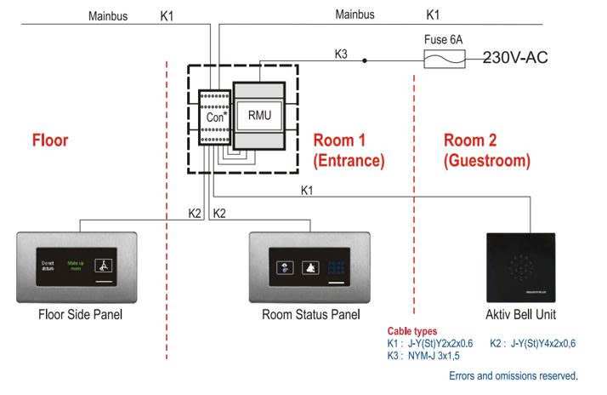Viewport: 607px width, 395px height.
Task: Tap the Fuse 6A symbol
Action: click(443, 58)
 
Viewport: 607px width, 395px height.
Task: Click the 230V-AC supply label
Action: click(515, 58)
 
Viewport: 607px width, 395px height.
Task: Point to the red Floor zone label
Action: click(50, 140)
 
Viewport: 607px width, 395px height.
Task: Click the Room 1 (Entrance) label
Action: click(349, 149)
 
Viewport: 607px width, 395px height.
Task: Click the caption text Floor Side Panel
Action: click(81, 315)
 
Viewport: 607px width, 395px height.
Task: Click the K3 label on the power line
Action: click(341, 54)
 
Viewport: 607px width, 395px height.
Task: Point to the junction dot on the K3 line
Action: click(365, 60)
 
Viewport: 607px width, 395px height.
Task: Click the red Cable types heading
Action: click(413, 331)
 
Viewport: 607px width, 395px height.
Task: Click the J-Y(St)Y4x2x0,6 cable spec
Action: click(544, 343)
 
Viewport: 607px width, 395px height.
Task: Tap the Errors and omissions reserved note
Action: click(513, 375)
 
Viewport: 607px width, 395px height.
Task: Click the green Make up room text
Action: click(77, 266)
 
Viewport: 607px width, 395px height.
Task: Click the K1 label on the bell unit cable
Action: click(307, 190)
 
